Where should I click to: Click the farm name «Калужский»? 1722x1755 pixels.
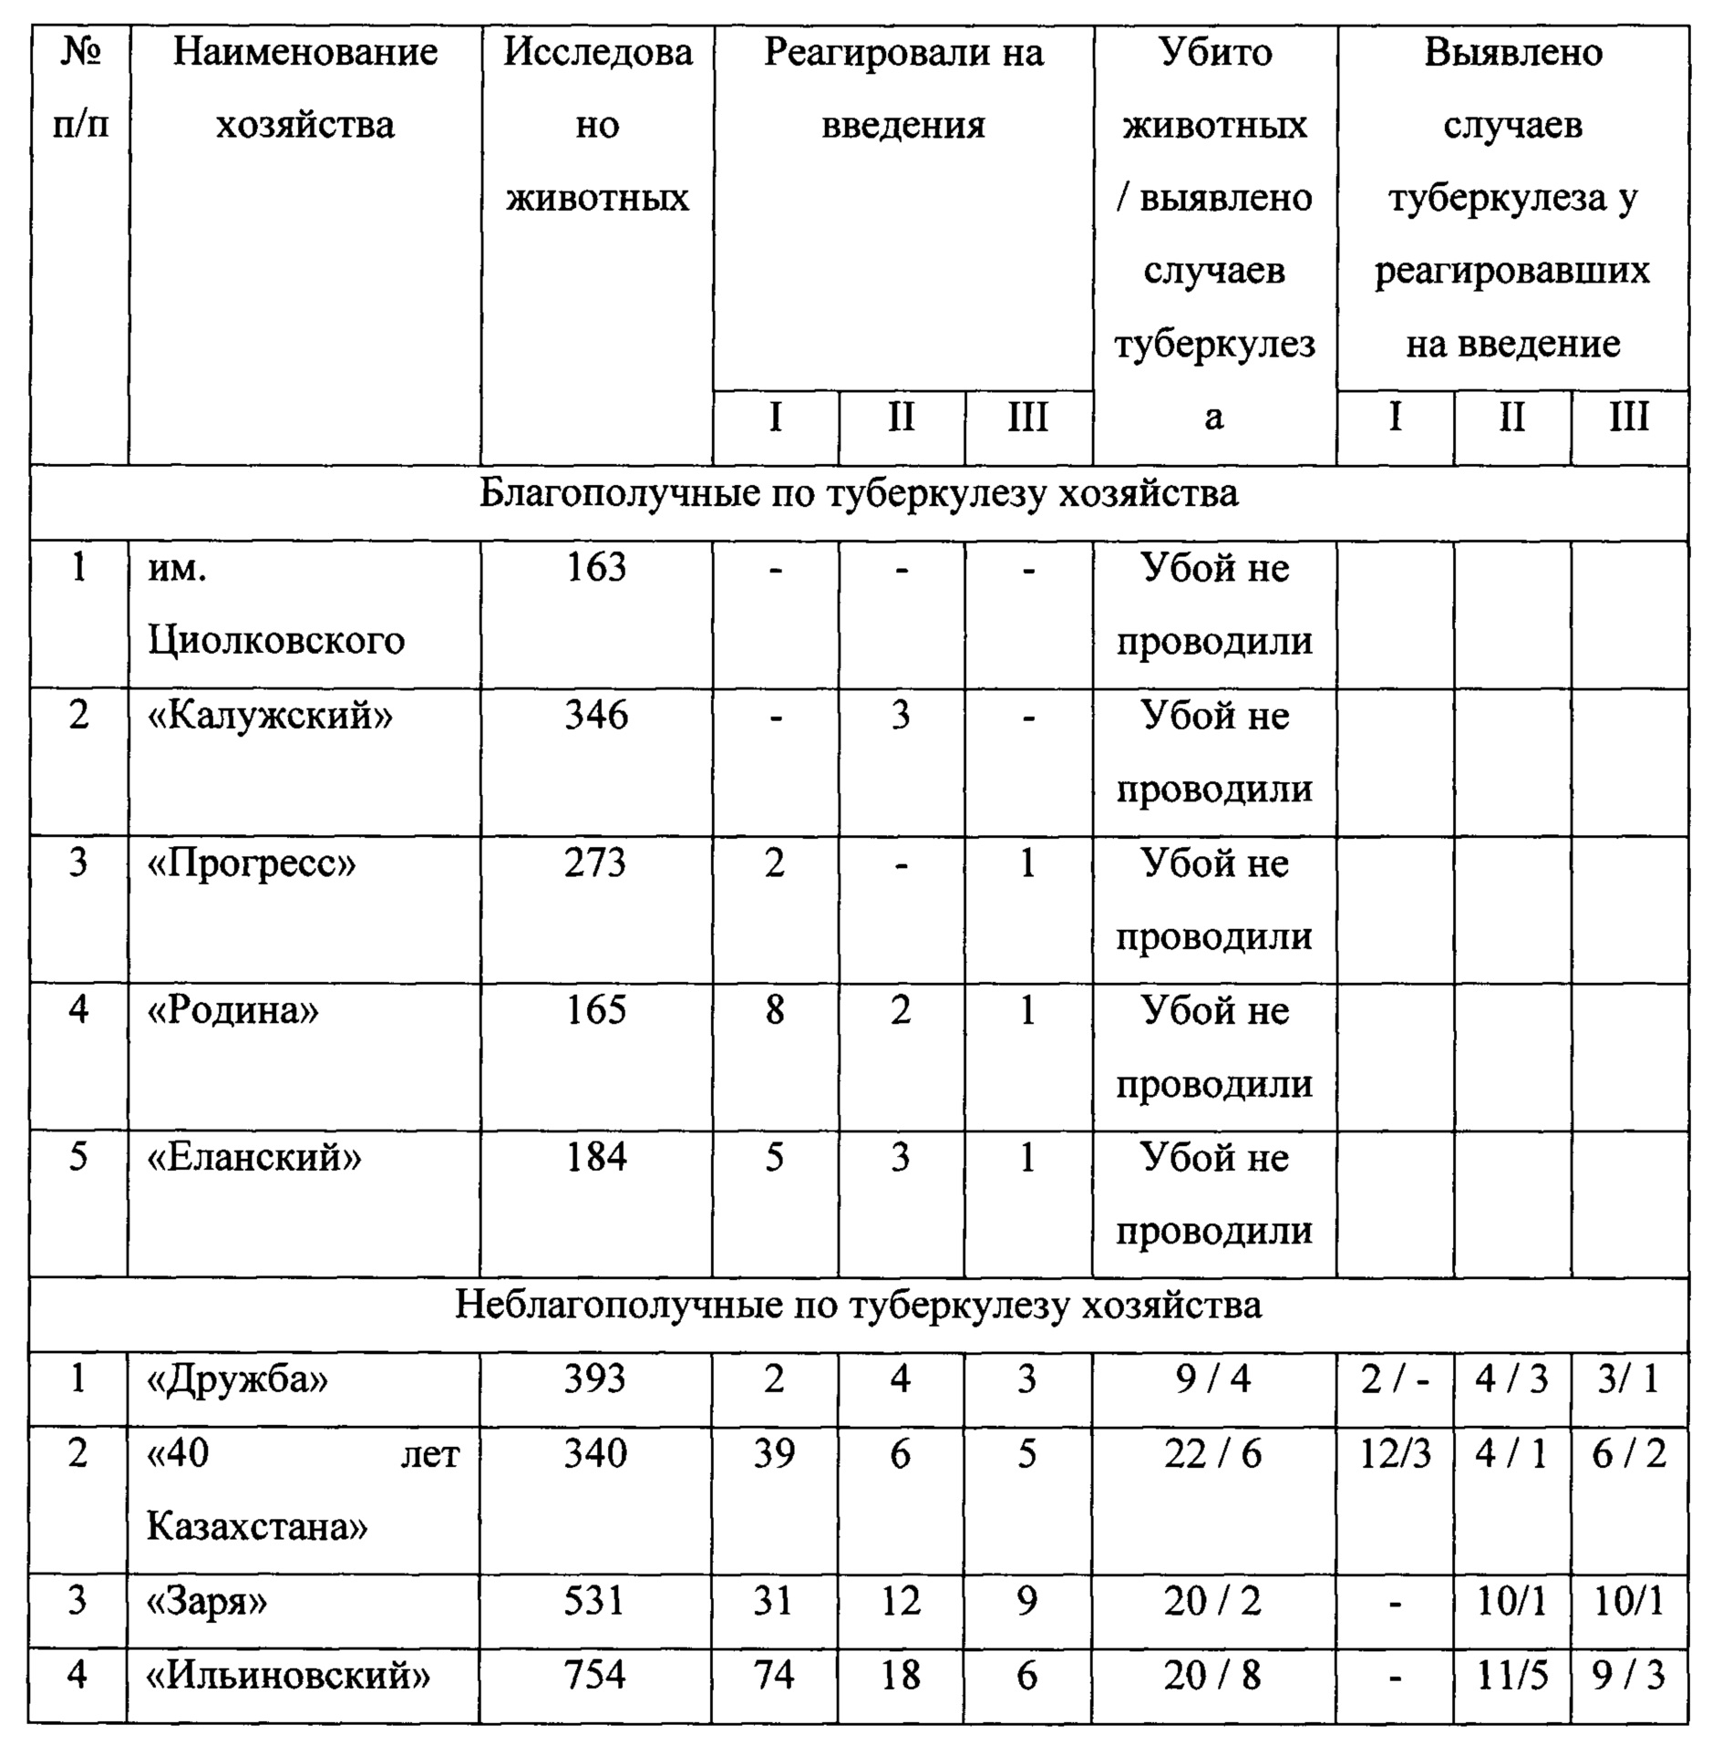270,716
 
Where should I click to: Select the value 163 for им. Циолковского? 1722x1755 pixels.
596,568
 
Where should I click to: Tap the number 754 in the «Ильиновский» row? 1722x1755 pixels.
595,1675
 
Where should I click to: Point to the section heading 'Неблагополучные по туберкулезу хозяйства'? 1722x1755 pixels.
858,1305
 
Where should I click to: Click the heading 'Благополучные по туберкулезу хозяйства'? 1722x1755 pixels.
858,493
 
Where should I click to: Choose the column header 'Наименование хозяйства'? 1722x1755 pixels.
304,88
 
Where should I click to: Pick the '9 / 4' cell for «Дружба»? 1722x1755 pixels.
1213,1379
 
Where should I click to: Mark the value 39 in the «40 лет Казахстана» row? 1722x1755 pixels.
774,1453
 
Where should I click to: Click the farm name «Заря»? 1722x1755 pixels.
208,1601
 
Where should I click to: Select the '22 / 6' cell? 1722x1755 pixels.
1213,1453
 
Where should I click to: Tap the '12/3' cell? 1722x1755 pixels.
1395,1453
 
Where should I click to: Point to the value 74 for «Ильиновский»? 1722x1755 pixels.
774,1675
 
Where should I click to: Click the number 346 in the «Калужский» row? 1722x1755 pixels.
596,716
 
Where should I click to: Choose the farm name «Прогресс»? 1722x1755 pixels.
252,862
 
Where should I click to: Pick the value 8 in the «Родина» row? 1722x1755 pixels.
774,1010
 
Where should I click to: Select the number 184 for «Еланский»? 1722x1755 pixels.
596,1158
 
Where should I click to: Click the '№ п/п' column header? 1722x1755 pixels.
79,88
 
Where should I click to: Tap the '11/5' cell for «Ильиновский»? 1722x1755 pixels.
1512,1675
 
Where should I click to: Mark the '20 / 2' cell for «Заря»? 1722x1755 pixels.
1213,1601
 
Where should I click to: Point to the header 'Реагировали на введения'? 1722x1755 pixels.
902,88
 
